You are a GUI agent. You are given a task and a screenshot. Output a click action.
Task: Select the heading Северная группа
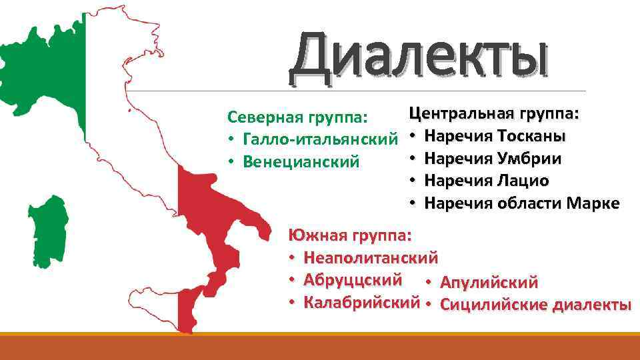click(x=297, y=117)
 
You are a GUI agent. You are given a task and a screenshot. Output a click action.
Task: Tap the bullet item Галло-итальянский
click(x=321, y=139)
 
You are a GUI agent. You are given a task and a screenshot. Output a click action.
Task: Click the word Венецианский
click(x=301, y=161)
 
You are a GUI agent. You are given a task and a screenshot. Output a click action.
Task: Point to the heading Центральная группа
click(x=494, y=113)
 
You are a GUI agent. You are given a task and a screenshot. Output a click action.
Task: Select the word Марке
click(x=593, y=203)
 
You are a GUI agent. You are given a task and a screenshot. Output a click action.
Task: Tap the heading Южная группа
click(x=350, y=235)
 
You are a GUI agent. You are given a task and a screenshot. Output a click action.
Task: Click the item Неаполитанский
click(x=371, y=257)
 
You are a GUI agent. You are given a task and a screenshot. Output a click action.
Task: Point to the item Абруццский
click(x=353, y=280)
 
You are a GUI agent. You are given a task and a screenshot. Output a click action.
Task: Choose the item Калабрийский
click(x=361, y=303)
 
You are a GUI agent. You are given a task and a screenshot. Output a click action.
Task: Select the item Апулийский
click(x=489, y=283)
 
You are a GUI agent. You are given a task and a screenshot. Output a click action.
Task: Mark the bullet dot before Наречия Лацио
click(x=413, y=180)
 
